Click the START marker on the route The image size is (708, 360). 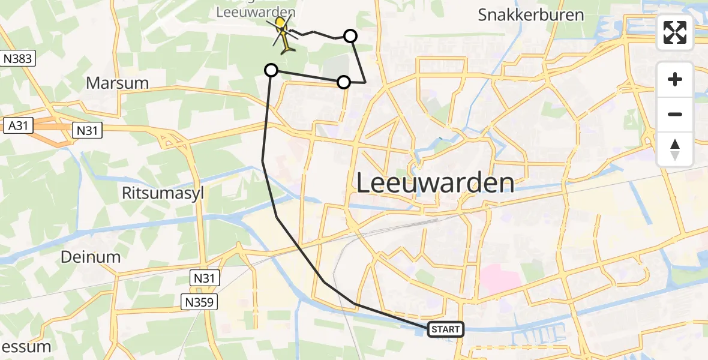pos(446,329)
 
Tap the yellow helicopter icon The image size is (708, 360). pos(283,33)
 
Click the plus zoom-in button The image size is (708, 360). pos(675,79)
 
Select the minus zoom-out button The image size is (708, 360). pos(675,114)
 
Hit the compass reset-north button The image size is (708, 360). pos(675,149)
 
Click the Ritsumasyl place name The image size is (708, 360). pos(160,193)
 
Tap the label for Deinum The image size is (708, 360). pos(91,257)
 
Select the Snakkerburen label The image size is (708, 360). pos(531,15)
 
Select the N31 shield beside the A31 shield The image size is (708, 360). pos(88,130)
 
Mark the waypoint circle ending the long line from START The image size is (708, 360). pos(271,71)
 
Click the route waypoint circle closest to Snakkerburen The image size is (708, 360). pos(350,36)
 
